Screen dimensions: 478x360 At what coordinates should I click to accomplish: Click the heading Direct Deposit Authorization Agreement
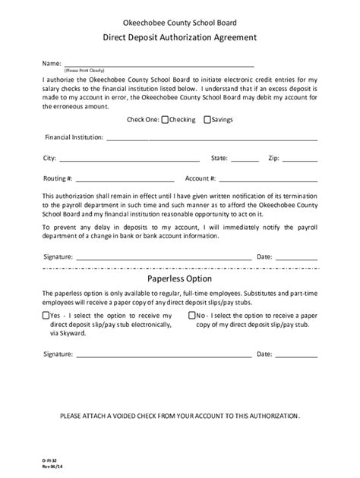click(180, 37)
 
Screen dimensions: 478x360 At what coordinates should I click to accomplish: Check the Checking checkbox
click(164, 119)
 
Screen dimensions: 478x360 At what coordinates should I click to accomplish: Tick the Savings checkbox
click(207, 119)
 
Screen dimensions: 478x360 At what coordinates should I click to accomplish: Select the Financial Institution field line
click(212, 138)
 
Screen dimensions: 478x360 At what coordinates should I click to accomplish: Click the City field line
click(129, 159)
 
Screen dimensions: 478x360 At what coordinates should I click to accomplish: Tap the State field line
click(245, 159)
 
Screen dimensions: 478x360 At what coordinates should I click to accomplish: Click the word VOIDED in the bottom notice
click(147, 417)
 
